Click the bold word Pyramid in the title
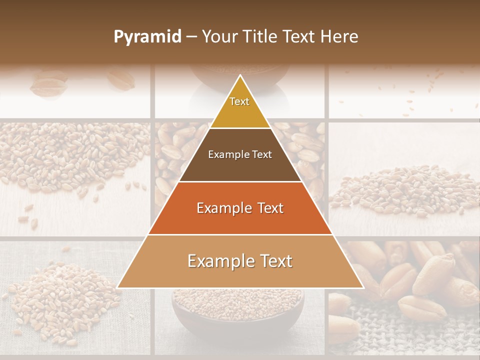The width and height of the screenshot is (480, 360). (x=147, y=37)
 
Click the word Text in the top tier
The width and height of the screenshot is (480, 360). (x=239, y=101)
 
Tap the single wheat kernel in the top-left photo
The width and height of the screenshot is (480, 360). (x=48, y=85)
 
